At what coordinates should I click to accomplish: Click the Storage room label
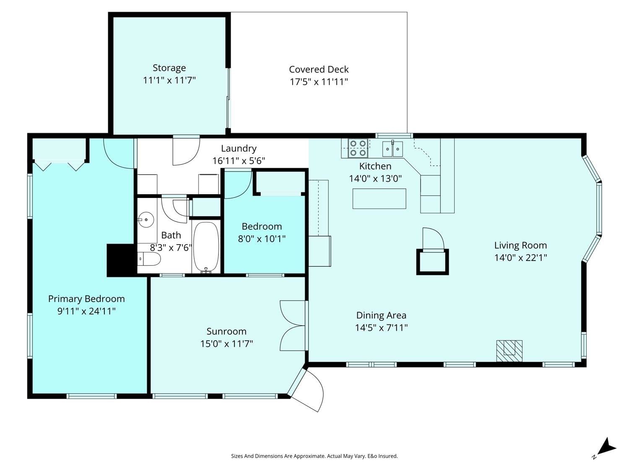pos(169,68)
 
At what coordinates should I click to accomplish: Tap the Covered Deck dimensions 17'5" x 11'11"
pos(319,82)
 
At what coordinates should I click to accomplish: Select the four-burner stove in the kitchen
pos(358,148)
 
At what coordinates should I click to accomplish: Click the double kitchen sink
pos(392,149)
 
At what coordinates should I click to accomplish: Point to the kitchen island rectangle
pos(379,198)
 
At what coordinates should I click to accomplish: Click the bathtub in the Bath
pos(206,247)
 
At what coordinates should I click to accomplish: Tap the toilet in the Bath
pos(149,259)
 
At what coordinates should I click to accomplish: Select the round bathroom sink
pos(146,220)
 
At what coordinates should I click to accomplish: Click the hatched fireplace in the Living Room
pos(509,351)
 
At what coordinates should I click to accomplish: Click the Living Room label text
pos(520,245)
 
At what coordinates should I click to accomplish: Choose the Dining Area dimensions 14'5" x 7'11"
pos(381,328)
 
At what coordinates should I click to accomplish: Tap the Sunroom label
pos(226,331)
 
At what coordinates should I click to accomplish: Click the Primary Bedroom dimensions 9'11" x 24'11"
pos(86,311)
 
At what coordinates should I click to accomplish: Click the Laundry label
pos(239,149)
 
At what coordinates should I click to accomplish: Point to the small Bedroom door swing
pos(238,185)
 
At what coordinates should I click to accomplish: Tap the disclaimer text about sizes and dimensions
pos(314,456)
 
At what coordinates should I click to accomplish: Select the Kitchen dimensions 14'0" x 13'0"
pos(375,179)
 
